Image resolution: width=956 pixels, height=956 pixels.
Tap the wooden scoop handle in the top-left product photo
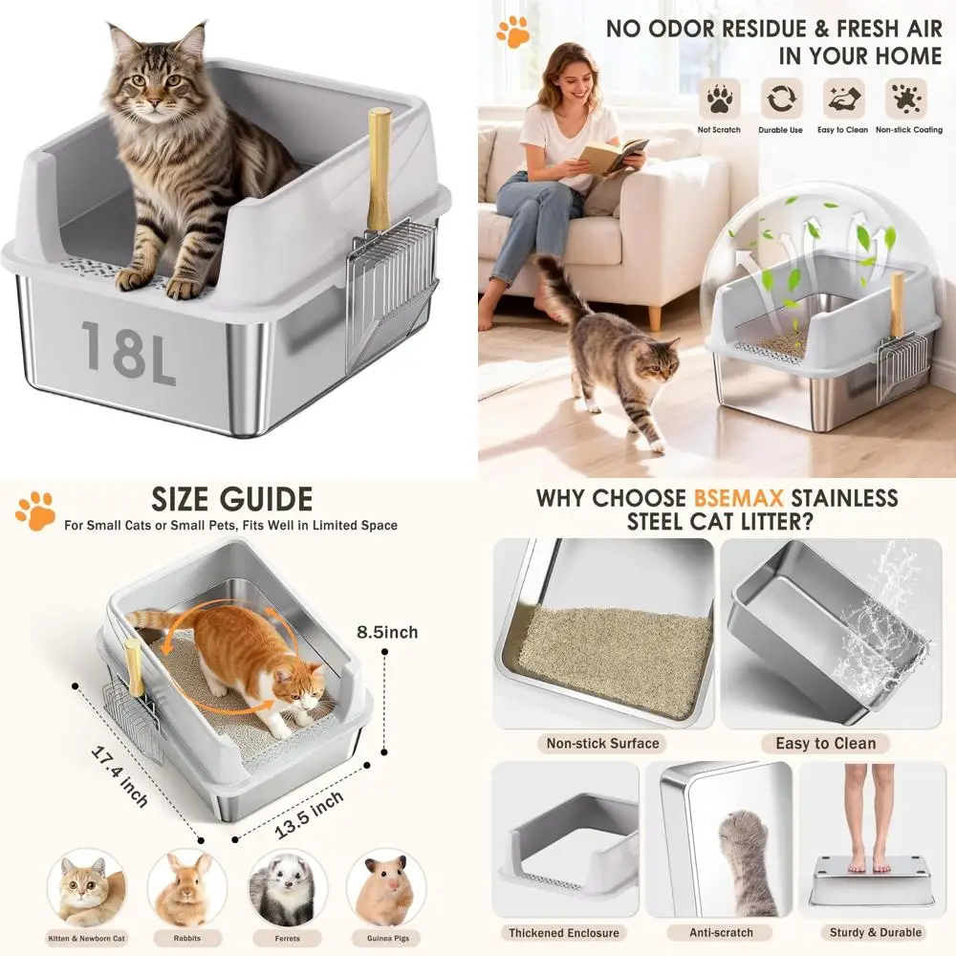pos(380,167)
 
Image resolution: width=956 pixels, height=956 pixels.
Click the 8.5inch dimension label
pos(387,632)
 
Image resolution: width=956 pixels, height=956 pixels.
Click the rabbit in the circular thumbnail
pos(185,887)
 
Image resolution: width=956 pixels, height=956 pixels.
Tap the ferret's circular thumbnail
pos(287,887)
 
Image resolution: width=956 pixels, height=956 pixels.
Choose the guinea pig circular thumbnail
pos(386,887)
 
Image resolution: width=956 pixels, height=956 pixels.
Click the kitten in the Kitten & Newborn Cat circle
pos(86,887)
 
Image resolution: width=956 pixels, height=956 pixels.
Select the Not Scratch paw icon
pos(719,98)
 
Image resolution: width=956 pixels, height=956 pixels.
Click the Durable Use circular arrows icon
pos(780,98)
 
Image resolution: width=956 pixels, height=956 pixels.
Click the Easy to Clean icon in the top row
pos(843,98)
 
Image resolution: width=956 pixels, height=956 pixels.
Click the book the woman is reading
pos(613,156)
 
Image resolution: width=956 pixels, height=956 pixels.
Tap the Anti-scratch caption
pos(721,932)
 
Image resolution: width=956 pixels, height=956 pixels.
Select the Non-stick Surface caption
pos(602,743)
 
